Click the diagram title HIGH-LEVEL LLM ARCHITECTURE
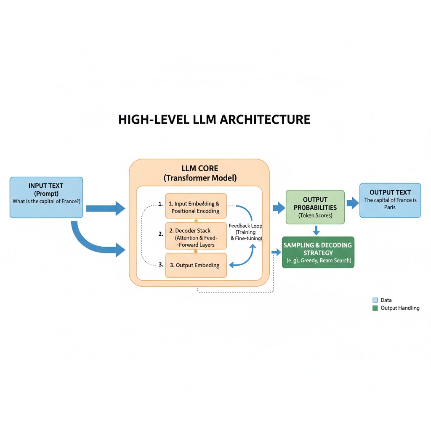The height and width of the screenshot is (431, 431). [x=214, y=120]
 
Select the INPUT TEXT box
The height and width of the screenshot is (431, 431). [x=46, y=197]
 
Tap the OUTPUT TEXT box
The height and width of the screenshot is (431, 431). [x=390, y=200]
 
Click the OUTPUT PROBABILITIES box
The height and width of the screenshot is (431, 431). [x=315, y=207]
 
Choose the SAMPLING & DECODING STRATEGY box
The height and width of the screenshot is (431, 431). [x=318, y=253]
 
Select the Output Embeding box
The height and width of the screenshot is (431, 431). [x=196, y=265]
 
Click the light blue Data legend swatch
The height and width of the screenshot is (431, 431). [x=375, y=300]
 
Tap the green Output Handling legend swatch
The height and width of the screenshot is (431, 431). [x=375, y=308]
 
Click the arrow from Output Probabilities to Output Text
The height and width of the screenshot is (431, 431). [x=352, y=204]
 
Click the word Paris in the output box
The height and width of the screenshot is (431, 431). [x=390, y=207]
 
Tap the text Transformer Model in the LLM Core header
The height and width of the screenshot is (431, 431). [x=200, y=178]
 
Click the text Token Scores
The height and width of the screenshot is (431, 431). [x=315, y=215]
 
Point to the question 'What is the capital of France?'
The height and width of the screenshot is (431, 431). [x=46, y=201]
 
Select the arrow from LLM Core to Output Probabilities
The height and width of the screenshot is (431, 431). [x=279, y=207]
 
